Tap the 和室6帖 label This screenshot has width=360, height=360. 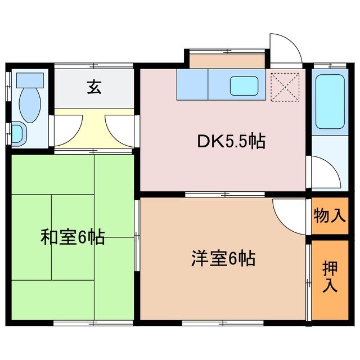pos(73,237)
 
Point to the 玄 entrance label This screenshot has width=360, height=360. pos(94,88)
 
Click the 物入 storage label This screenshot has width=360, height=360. pos(330,215)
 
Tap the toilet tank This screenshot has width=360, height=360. pos(29,79)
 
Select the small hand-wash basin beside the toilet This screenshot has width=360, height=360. pos(17,134)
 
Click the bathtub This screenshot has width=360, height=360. pos(330,102)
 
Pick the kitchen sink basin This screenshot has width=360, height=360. pos(244,85)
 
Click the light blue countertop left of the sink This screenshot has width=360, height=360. pos(192,84)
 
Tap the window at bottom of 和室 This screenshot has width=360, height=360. pos(93,323)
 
